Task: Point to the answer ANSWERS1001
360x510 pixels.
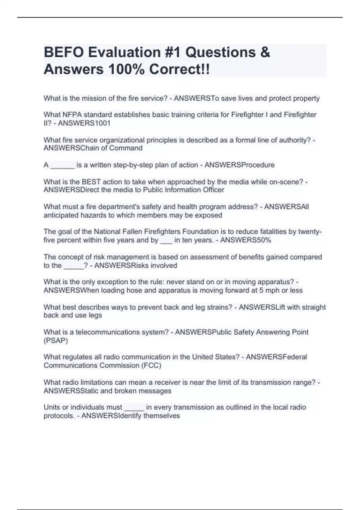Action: tap(84, 123)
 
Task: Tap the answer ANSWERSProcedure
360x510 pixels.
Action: tap(239, 165)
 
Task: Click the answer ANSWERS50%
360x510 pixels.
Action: tap(245, 240)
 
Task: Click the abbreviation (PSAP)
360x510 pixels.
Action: tap(56, 340)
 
